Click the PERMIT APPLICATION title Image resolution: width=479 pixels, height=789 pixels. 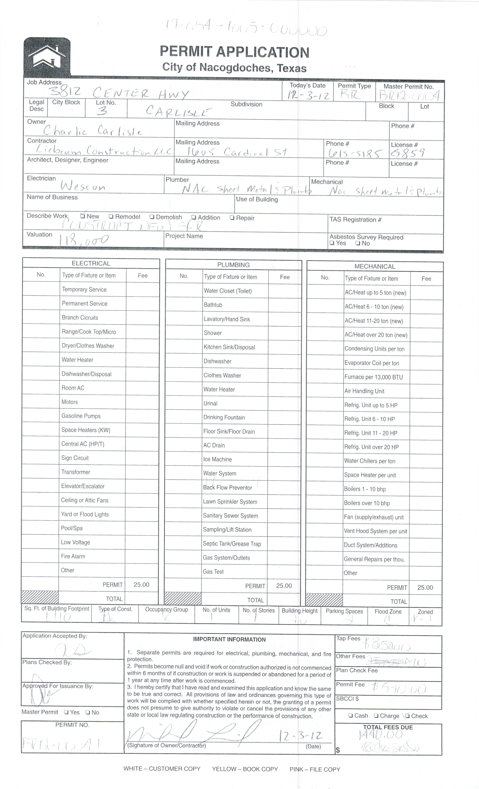click(234, 52)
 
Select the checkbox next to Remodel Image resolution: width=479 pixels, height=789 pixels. click(111, 217)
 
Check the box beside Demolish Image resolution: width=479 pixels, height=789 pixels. click(152, 217)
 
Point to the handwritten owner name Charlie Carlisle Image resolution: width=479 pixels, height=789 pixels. click(93, 131)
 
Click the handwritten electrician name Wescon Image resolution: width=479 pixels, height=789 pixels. click(83, 186)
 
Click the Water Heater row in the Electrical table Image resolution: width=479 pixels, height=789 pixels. click(77, 360)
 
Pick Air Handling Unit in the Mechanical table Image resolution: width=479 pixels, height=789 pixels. click(364, 391)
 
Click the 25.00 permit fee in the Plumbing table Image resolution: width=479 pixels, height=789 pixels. click(284, 586)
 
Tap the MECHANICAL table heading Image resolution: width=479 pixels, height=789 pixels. click(375, 266)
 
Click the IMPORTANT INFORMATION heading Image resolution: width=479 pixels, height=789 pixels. click(229, 639)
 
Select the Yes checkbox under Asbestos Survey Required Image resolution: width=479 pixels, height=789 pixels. click(332, 243)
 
